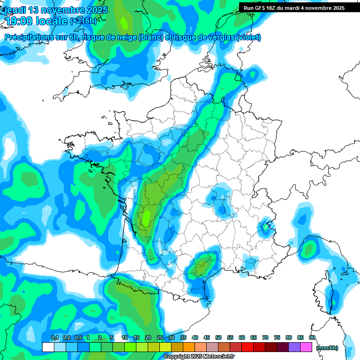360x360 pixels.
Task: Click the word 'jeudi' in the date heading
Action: click(x=15, y=10)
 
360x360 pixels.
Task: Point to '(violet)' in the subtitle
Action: click(x=248, y=37)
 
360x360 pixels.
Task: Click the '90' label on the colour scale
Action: click(x=312, y=338)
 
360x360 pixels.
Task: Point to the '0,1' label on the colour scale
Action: click(x=54, y=338)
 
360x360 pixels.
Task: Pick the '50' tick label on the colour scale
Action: click(x=218, y=338)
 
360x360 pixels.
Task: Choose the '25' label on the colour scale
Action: click(x=160, y=338)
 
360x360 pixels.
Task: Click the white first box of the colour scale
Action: click(x=48, y=347)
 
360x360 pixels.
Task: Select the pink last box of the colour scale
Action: click(x=306, y=347)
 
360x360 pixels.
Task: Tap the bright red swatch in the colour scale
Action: click(x=247, y=347)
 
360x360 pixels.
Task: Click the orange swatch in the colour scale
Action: click(x=188, y=347)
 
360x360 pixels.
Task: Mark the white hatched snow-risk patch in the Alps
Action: click(x=269, y=225)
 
